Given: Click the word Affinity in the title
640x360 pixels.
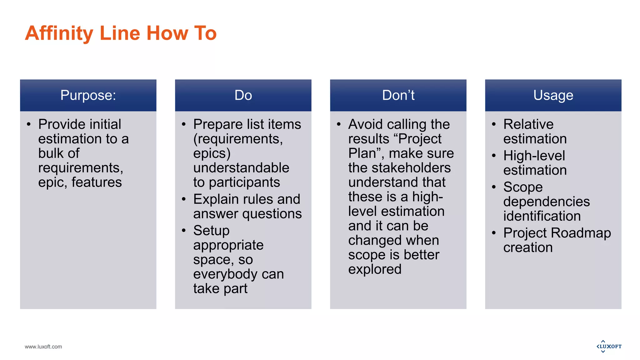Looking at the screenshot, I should pyautogui.click(x=59, y=33).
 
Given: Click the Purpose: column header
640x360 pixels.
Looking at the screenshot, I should pyautogui.click(x=88, y=95).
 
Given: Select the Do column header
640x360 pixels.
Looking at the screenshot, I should pyautogui.click(x=243, y=95).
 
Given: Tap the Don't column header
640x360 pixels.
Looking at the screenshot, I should pyautogui.click(x=398, y=95).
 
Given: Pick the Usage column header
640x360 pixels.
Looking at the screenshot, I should pyautogui.click(x=553, y=95).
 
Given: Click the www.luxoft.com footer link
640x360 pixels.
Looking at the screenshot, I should pyautogui.click(x=43, y=347).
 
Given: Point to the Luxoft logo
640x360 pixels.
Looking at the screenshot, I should pyautogui.click(x=609, y=346).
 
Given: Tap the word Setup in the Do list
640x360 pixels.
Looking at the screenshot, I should pyautogui.click(x=211, y=231).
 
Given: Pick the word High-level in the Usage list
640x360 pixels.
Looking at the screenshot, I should pyautogui.click(x=534, y=156).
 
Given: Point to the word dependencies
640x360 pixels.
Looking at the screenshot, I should pyautogui.click(x=546, y=202).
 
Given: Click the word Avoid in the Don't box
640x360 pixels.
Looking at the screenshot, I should pyautogui.click(x=365, y=124).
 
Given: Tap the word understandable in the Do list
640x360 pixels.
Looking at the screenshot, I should pyautogui.click(x=241, y=168).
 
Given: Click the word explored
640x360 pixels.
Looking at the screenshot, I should pyautogui.click(x=375, y=269).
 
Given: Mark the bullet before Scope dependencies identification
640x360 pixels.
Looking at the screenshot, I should pyautogui.click(x=494, y=187).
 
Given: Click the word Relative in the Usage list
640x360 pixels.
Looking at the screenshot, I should pyautogui.click(x=528, y=124).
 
